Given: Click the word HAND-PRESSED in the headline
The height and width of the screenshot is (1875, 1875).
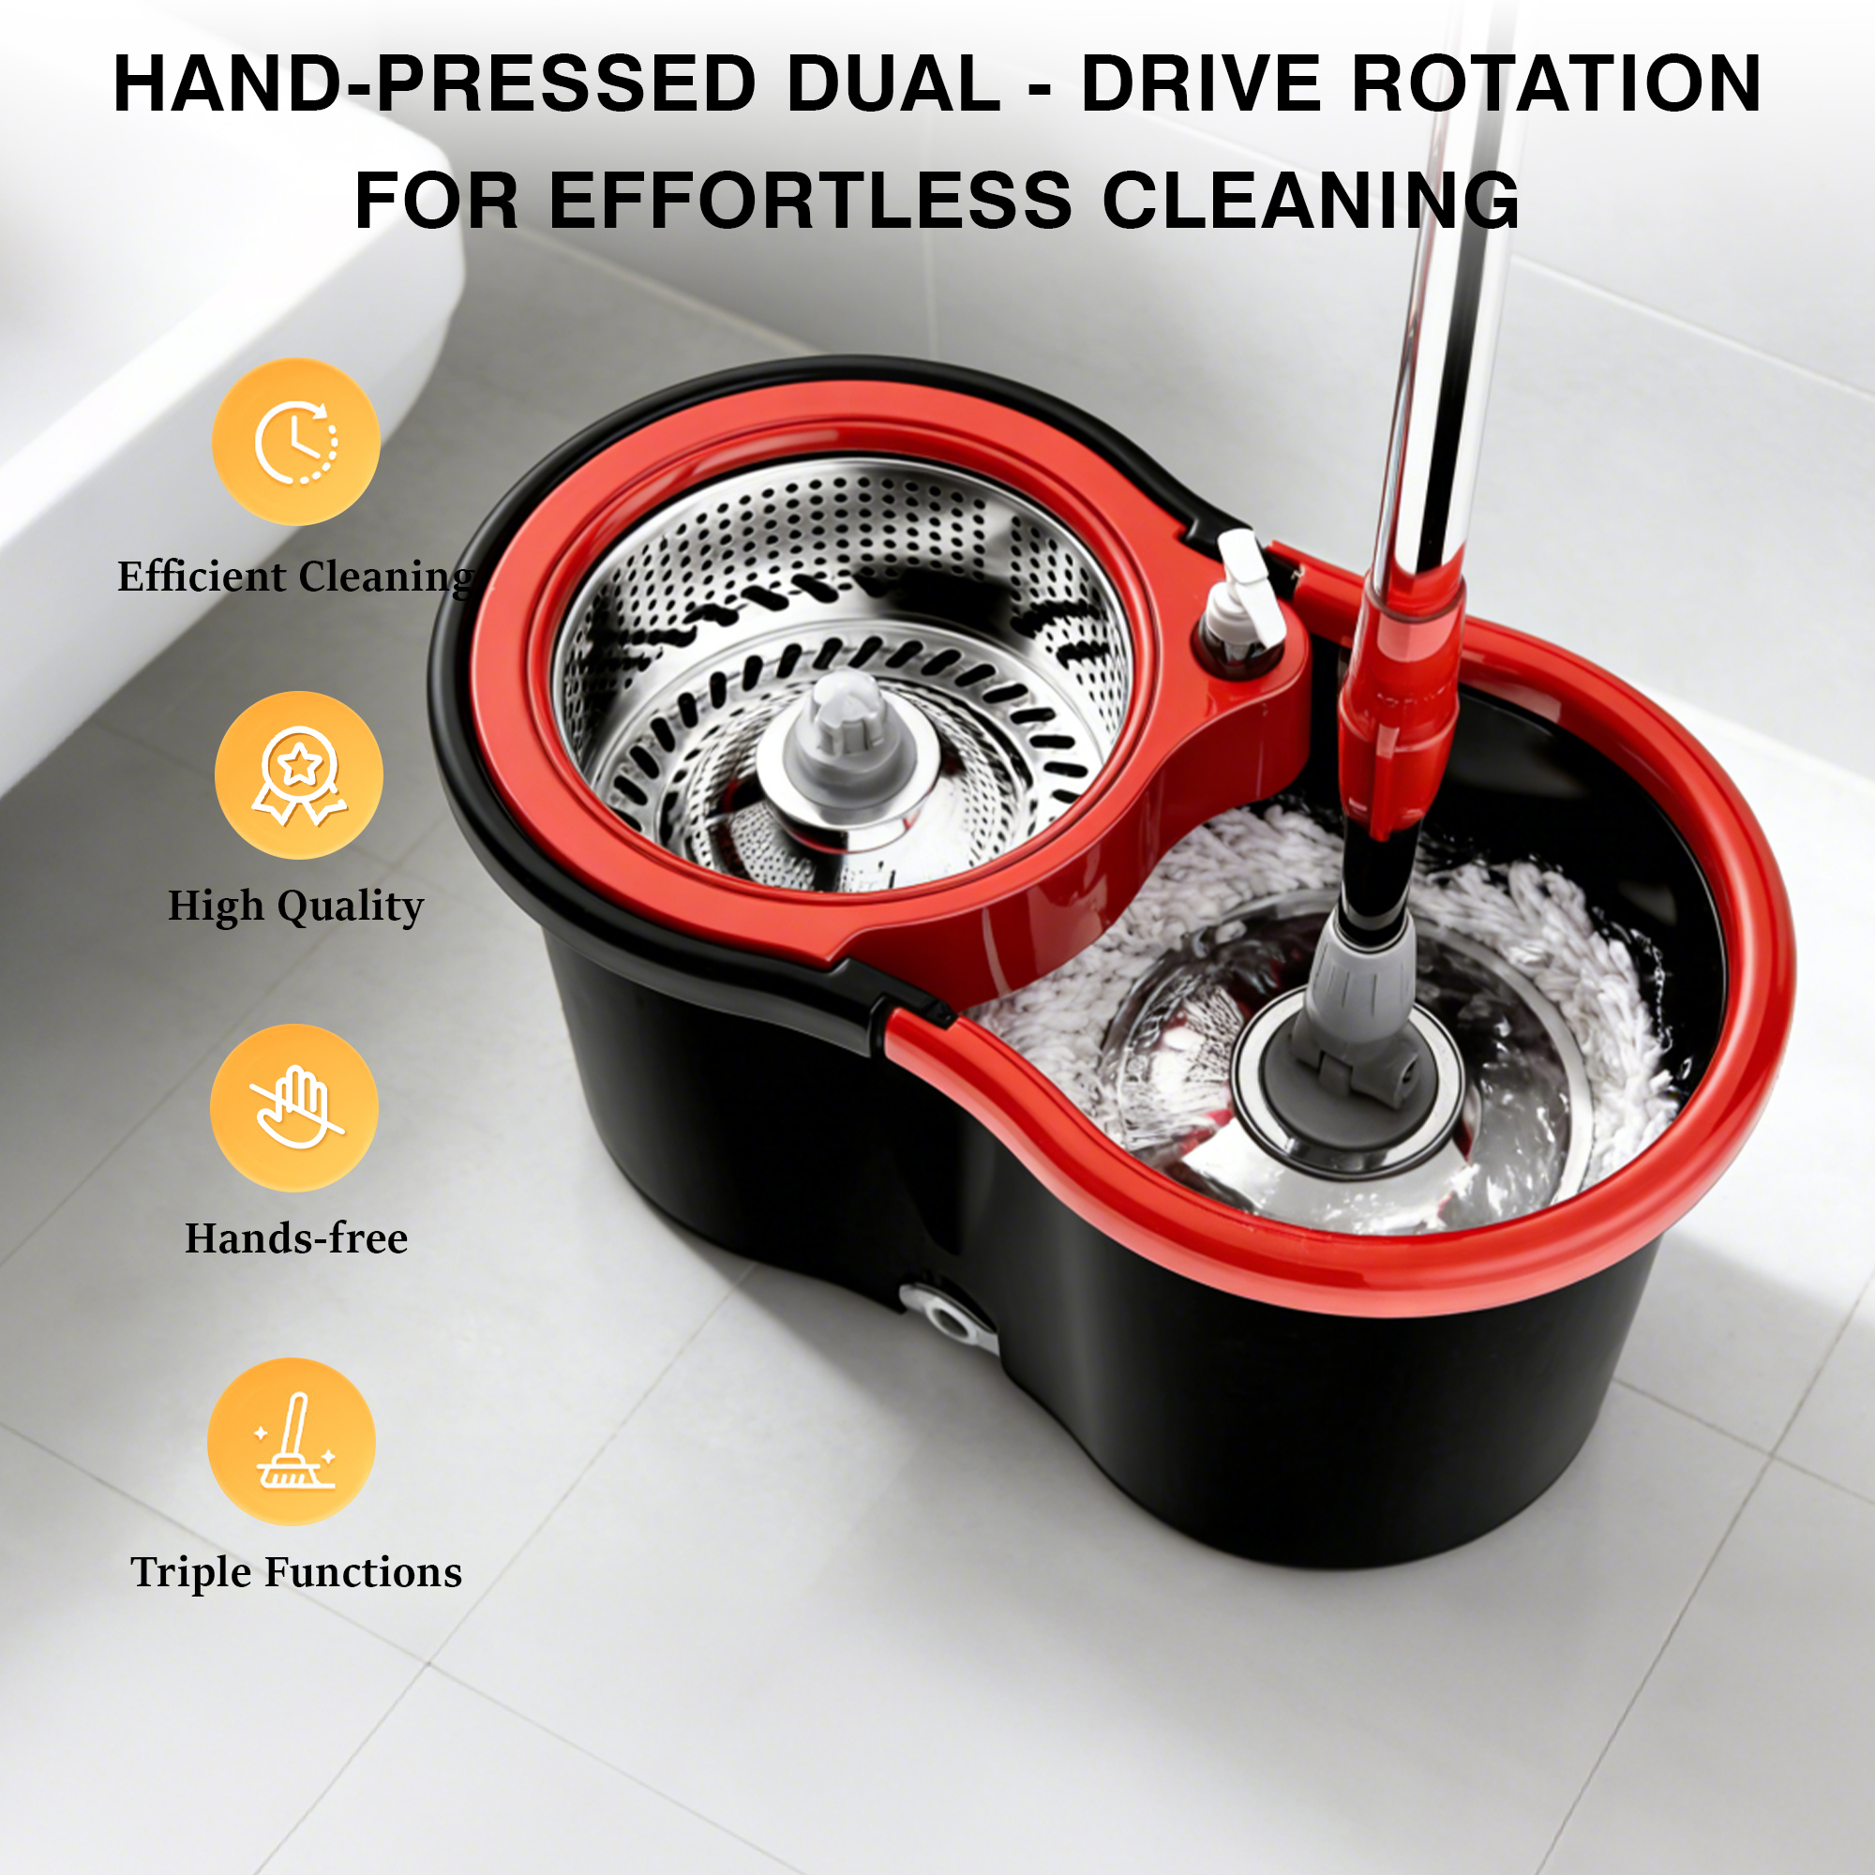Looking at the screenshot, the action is click(435, 83).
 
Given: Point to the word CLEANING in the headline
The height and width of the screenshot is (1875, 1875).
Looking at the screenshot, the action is click(1311, 200).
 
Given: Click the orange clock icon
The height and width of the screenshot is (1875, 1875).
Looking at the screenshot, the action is click(296, 442).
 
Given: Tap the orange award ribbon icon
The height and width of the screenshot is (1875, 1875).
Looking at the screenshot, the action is click(298, 775).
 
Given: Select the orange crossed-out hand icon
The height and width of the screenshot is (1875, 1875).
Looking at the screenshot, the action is click(294, 1107).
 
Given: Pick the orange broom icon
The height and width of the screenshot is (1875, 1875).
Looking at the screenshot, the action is click(292, 1441).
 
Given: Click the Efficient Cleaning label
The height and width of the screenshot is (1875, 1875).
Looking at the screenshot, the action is click(296, 577).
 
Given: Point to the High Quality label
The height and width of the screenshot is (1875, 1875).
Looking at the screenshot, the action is click(296, 907).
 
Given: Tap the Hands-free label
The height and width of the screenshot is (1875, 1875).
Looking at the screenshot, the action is click(296, 1238).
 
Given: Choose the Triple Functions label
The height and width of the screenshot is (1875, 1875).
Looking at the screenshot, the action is click(296, 1572).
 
